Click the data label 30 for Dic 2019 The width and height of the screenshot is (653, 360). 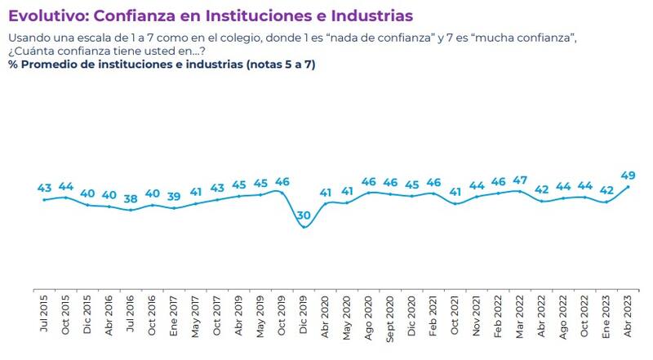coord(304,216)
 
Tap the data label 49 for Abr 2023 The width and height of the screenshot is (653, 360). coord(629,175)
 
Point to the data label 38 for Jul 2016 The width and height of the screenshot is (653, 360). coord(131,198)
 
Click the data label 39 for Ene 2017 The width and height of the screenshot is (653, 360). coord(174,197)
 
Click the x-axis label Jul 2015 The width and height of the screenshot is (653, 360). coord(44,313)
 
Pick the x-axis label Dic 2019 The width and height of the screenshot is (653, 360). coord(304,313)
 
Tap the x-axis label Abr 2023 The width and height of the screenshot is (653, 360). coord(629,313)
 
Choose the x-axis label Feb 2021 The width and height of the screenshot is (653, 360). coord(433,313)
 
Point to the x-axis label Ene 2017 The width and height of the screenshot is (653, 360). coord(174,313)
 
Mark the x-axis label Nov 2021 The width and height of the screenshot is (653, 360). coord(477,313)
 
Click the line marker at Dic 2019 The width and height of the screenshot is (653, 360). coord(304,227)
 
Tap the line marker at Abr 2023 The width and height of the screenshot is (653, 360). coord(629,186)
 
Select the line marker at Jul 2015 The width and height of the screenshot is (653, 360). coord(44,199)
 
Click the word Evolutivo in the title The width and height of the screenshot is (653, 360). coord(47,16)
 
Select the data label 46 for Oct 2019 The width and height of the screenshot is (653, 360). coord(282,181)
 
